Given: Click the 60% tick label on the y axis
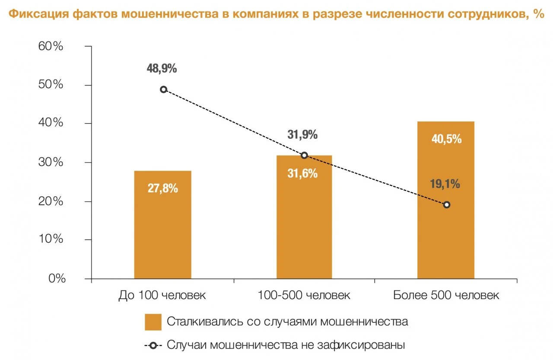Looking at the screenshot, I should [51, 46].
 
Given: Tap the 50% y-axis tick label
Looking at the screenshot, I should [51, 85].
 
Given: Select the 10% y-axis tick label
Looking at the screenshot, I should [51, 239].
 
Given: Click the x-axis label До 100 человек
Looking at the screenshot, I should [162, 296].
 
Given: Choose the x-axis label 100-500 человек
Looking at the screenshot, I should [304, 296].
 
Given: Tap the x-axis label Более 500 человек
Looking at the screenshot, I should [446, 296].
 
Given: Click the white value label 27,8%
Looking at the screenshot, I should [162, 189].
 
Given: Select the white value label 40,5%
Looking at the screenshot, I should [446, 139].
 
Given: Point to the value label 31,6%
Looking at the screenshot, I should [302, 174].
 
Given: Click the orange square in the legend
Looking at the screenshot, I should [153, 322].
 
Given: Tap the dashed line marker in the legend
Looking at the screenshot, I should [153, 345].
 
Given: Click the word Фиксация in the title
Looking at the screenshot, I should [38, 14].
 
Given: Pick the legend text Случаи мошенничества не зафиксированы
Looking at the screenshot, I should [286, 345].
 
